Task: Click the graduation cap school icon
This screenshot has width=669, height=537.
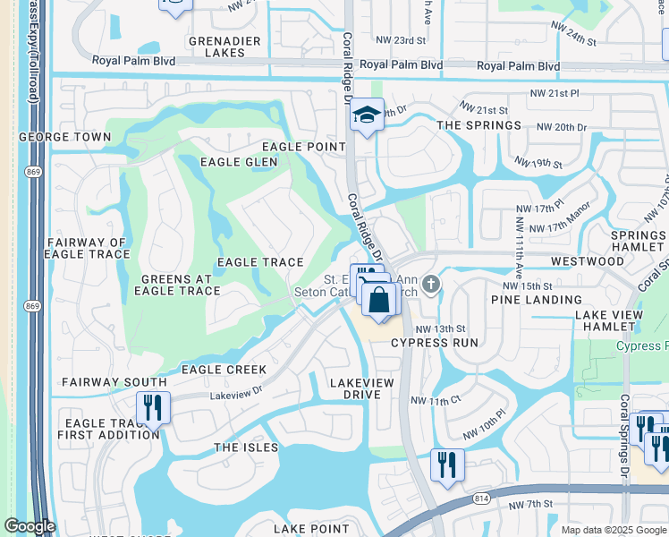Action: [366, 115]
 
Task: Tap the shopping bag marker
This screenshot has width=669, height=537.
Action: [379, 300]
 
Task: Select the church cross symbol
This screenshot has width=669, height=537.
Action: [431, 285]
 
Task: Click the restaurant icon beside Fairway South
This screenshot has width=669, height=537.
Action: [153, 407]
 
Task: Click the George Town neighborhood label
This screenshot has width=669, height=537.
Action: [64, 138]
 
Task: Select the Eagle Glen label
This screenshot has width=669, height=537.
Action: [239, 162]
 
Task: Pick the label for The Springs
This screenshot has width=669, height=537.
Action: [478, 125]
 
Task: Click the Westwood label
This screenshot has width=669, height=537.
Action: [587, 261]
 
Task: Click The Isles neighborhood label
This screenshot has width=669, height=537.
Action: [246, 447]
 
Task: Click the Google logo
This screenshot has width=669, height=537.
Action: [30, 526]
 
